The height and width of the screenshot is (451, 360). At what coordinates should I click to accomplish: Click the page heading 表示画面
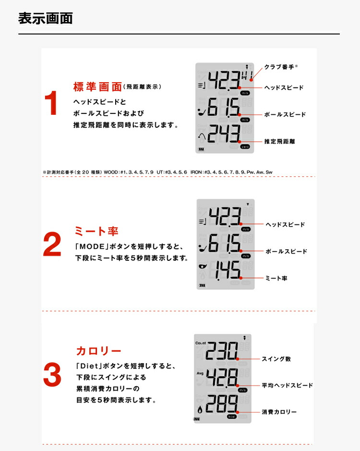(x=46, y=19)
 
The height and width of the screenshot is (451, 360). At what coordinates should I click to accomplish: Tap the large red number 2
(x=52, y=245)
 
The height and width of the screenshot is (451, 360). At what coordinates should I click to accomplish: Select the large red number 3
(x=52, y=375)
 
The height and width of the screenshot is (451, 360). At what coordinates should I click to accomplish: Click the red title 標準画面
(x=97, y=87)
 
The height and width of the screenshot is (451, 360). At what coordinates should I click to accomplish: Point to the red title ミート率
(x=96, y=232)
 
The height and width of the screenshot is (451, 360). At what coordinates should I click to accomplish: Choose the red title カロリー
(x=98, y=351)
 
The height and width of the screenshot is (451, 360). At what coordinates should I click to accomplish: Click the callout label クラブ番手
(x=280, y=67)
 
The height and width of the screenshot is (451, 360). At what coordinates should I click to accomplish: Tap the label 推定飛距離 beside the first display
(x=279, y=142)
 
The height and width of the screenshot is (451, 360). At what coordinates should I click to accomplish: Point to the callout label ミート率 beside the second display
(x=276, y=278)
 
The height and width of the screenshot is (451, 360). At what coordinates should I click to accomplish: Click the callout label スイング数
(x=276, y=359)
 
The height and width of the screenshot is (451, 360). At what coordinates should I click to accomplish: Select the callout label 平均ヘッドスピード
(x=287, y=385)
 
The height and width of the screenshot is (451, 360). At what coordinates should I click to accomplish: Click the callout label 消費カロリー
(x=279, y=412)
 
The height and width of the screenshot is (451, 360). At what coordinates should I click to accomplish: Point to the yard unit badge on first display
(x=245, y=147)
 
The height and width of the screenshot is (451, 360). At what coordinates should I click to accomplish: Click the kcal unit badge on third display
(x=232, y=417)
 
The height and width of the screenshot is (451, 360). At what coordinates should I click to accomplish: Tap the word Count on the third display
(x=201, y=343)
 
